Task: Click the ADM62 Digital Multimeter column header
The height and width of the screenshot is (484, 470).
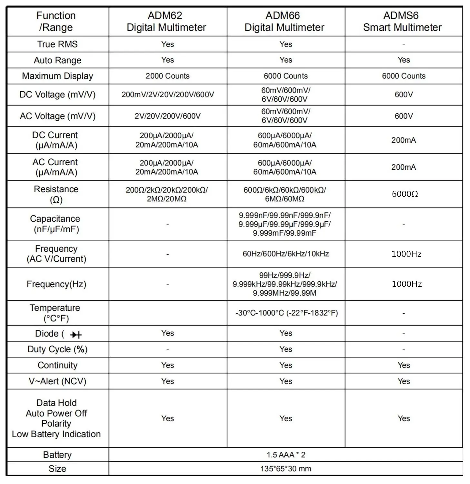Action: (x=166, y=21)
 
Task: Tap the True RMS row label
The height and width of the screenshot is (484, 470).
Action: (x=57, y=44)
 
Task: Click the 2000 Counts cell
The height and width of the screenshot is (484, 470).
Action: (x=167, y=76)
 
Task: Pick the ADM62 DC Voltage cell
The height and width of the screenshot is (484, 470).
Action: (x=167, y=95)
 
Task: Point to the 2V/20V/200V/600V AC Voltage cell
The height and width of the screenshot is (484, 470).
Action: (x=167, y=116)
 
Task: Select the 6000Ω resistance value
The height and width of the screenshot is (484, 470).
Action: (x=405, y=194)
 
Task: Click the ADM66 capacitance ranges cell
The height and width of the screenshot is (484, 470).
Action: (x=285, y=224)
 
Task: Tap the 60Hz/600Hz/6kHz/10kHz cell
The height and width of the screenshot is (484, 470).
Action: (x=285, y=254)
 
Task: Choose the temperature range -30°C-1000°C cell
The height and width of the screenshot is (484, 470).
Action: (x=286, y=313)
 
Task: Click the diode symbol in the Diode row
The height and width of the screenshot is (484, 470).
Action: (x=76, y=335)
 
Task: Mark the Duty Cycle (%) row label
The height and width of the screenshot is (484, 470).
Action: (x=57, y=349)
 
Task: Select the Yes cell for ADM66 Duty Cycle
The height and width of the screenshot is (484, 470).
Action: (x=286, y=349)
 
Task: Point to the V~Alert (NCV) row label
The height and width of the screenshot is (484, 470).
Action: (x=57, y=381)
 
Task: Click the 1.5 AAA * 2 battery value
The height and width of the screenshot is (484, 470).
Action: (x=286, y=455)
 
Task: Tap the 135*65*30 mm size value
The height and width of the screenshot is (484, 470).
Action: (x=286, y=469)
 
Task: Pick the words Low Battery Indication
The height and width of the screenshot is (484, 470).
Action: (x=56, y=434)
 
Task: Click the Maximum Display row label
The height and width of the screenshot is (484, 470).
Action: (x=57, y=76)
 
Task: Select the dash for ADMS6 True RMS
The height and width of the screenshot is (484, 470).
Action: (x=404, y=45)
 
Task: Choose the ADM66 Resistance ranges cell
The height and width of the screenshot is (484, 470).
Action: (x=285, y=194)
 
